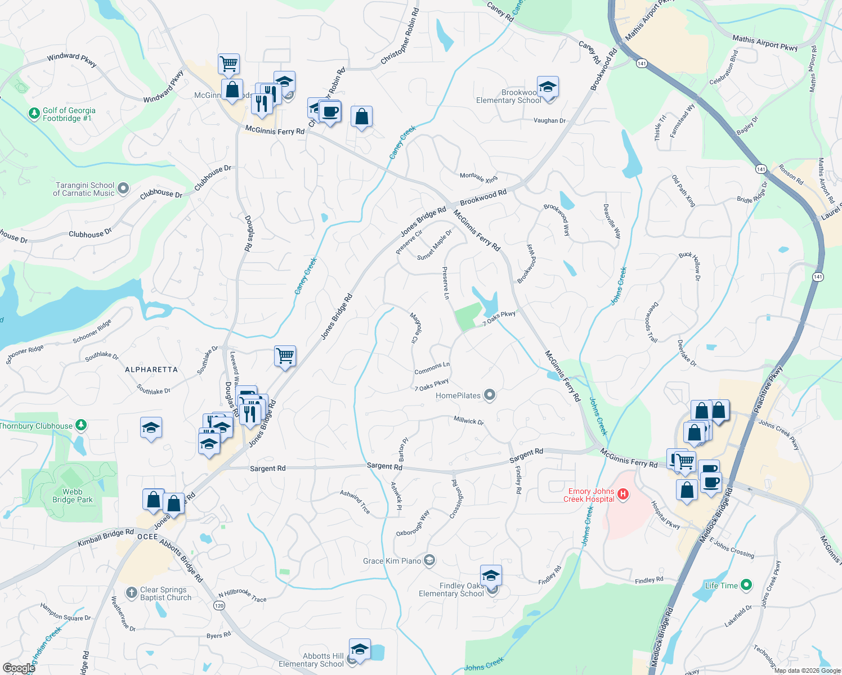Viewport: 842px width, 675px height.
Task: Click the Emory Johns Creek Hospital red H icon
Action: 622,494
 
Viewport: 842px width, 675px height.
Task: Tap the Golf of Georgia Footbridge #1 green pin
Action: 34,114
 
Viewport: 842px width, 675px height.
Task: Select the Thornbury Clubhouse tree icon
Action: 81,425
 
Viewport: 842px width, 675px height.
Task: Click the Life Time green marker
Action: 746,585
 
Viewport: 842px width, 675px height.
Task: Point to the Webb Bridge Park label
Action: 73,496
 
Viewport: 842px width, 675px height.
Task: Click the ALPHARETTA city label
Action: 151,370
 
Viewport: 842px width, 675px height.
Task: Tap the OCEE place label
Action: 148,537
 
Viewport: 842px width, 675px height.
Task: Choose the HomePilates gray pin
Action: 490,395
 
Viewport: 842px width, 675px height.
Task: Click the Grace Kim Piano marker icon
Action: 429,560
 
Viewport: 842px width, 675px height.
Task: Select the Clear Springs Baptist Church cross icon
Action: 131,592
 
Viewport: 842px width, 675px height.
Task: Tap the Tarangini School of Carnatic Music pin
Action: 123,188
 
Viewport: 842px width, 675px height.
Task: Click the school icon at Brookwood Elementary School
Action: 548,87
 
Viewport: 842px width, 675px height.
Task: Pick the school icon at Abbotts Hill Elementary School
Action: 360,650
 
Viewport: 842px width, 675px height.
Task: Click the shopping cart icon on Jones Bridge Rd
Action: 285,356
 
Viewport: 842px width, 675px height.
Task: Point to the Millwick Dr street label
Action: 468,420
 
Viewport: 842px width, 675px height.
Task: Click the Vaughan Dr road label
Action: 549,120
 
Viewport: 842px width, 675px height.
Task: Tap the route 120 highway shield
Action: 219,605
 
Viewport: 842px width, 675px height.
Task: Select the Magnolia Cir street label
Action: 414,328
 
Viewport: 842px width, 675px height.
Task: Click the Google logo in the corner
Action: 19,668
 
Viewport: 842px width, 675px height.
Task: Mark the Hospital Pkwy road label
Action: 665,515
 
